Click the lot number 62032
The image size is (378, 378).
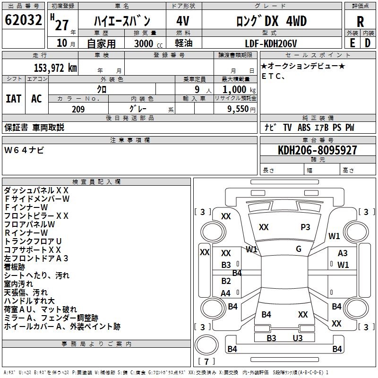[x=24, y=21]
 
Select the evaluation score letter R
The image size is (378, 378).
[x=360, y=21]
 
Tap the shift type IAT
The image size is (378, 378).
[x=13, y=98]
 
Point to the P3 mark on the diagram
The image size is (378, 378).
[x=306, y=227]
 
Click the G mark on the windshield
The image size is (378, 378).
[x=299, y=249]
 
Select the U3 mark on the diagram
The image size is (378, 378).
[x=298, y=338]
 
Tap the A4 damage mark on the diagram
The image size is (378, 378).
[x=226, y=293]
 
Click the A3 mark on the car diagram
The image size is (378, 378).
[x=343, y=253]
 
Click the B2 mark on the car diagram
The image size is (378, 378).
[x=226, y=281]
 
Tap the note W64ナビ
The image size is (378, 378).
[x=24, y=150]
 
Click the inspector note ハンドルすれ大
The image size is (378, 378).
[x=29, y=301]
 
